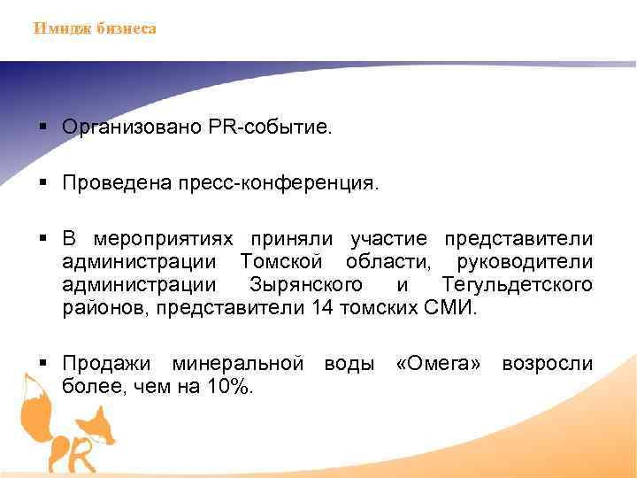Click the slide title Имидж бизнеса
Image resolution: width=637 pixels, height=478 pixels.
pyautogui.click(x=95, y=28)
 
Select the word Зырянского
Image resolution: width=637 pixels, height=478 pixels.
pyautogui.click(x=306, y=286)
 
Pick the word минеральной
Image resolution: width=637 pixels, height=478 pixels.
pyautogui.click(x=238, y=364)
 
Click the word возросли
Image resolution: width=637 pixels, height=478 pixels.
pyautogui.click(x=548, y=364)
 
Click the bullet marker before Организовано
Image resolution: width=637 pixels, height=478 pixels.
pyautogui.click(x=43, y=127)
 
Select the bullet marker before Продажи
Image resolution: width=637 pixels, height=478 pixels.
pyautogui.click(x=43, y=364)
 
